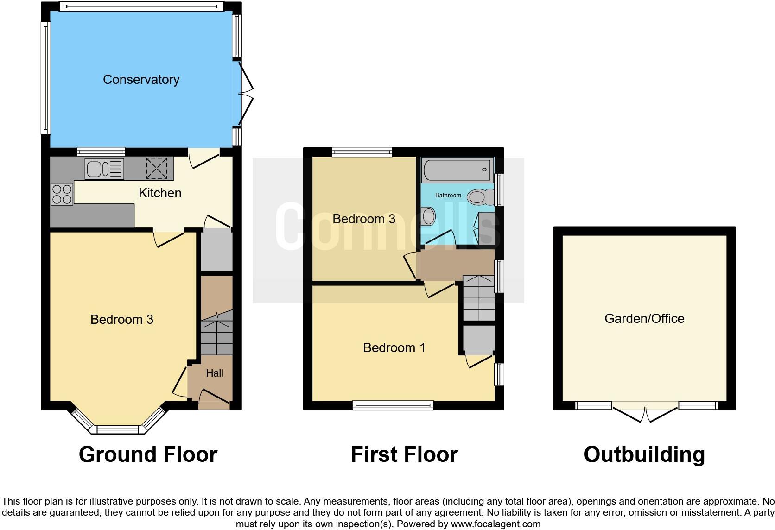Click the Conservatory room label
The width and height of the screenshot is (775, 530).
coord(141,80)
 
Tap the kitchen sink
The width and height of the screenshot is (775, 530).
coord(104,169)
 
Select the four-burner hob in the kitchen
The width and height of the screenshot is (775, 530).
coord(62,194)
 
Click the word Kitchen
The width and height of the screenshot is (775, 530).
coord(160,193)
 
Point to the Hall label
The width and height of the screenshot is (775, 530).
coord(215,373)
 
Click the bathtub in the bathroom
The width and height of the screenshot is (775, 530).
coord(457,170)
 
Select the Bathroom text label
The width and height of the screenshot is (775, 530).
coord(448,196)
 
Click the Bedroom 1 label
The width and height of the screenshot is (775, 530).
coord(394,347)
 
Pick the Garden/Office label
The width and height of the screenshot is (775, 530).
coord(644,319)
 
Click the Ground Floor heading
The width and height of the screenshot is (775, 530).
coord(148,454)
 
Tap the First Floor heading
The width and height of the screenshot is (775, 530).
coord(404,454)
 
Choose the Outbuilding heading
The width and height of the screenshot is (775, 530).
coord(644,454)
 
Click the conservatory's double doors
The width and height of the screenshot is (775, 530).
coord(246,93)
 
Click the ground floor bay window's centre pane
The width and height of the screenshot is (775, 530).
coord(117,429)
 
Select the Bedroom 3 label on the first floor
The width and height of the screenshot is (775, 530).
coord(364,219)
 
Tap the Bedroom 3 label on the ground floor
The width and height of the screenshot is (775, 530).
coord(121,320)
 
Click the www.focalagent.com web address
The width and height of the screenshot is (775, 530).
coord(495,524)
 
